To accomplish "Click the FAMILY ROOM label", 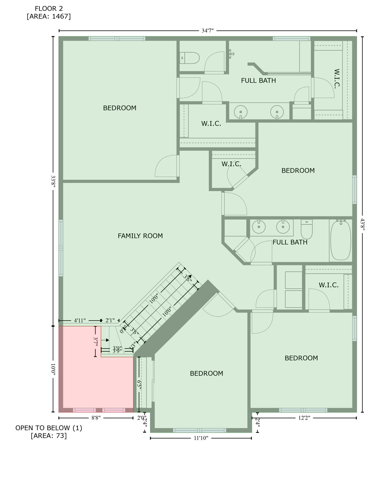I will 140,236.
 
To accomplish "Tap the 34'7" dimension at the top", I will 208,31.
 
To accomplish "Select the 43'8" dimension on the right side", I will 362,225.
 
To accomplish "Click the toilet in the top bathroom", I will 190,58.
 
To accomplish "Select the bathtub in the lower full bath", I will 340,240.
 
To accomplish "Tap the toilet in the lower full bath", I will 307,230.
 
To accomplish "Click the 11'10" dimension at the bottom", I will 201,438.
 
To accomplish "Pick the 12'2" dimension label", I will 304,418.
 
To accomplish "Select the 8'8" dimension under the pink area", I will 96,418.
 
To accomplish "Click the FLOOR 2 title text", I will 49,9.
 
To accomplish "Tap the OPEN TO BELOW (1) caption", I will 49,428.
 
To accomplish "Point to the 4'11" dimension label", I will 80,320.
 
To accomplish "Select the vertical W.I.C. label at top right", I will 337,79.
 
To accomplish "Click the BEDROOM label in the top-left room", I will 119,108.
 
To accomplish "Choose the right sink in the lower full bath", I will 283,227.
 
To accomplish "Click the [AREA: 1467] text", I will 49,16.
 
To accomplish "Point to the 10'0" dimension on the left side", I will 53,369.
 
